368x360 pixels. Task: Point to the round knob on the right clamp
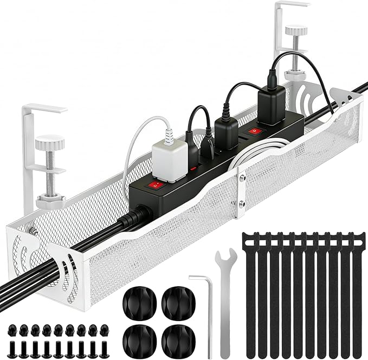(296, 30)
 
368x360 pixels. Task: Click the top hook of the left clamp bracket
(43, 108)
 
